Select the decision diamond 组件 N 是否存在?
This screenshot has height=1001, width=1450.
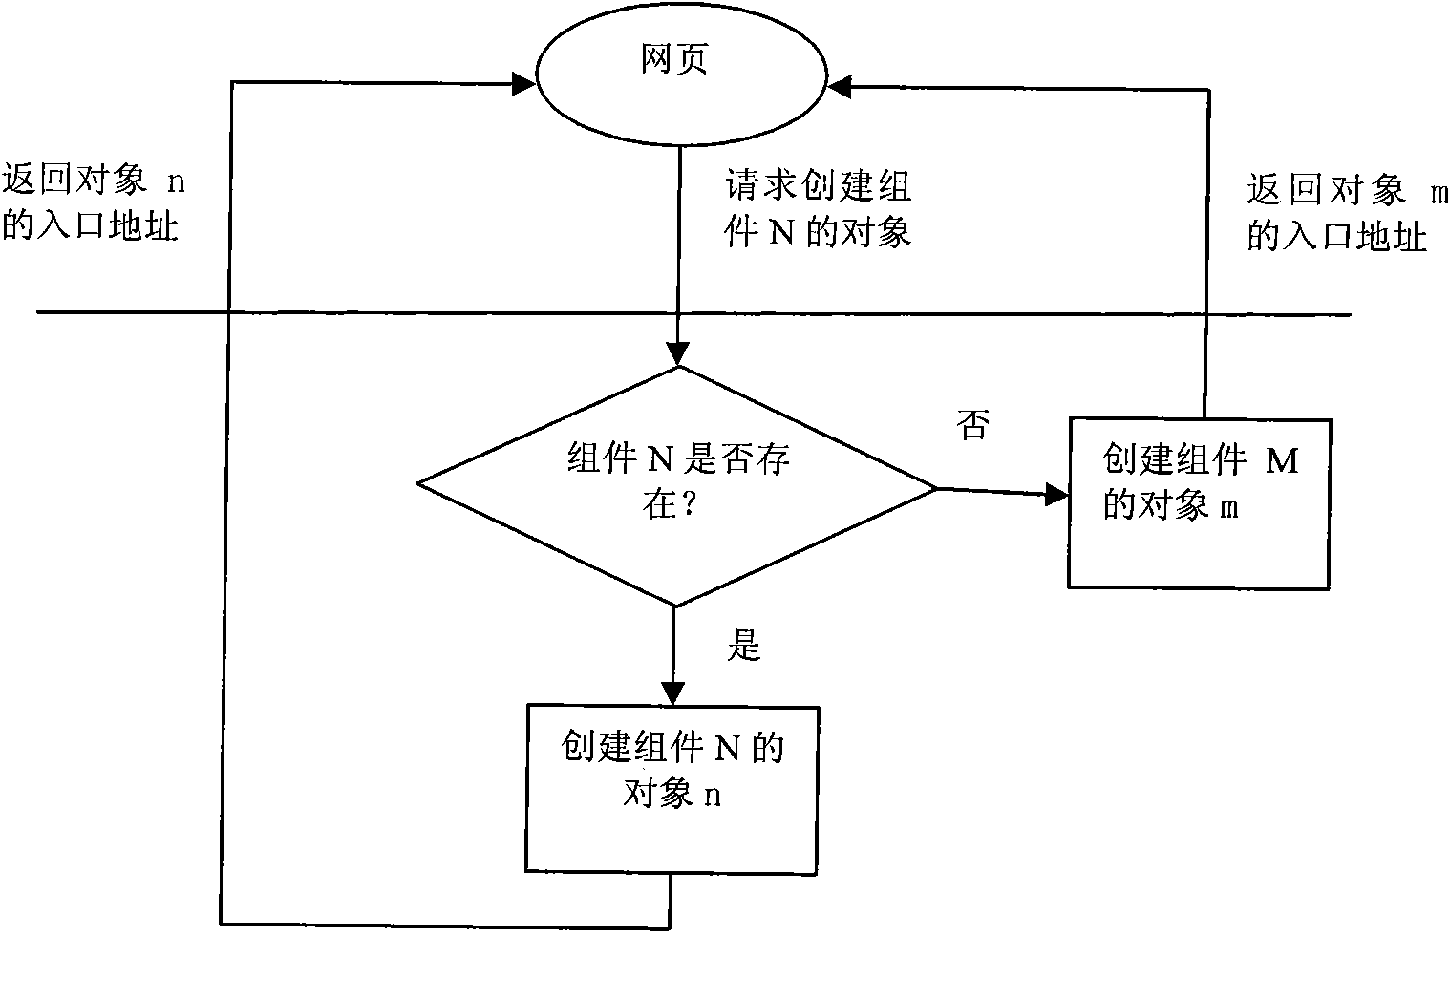click(676, 486)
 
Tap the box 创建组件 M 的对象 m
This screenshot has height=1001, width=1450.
click(1199, 502)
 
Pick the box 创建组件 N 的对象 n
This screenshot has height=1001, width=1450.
click(672, 788)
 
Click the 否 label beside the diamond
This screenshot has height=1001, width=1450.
click(973, 424)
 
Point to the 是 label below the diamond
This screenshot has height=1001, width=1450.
click(744, 647)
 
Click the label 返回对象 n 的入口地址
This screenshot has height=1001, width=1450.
click(93, 203)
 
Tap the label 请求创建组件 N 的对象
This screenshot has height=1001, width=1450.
click(819, 209)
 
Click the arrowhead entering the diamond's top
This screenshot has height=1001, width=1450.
click(677, 354)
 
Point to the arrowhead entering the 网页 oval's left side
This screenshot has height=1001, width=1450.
click(523, 83)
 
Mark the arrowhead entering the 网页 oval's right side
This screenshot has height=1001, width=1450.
click(840, 87)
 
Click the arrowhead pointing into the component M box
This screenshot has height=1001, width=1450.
click(1056, 494)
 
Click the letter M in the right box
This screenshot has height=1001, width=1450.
click(1282, 461)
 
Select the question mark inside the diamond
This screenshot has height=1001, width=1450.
click(687, 505)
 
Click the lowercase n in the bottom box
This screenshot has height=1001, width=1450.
click(713, 795)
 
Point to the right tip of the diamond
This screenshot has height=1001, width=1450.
click(934, 488)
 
